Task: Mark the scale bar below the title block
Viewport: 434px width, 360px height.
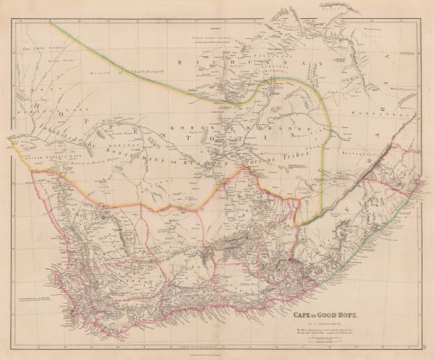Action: [325, 323]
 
